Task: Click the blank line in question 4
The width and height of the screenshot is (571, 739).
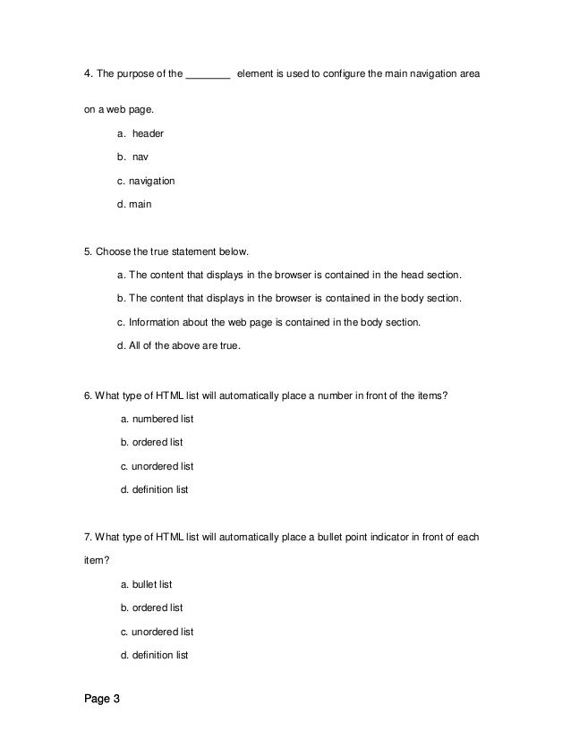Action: tap(208, 77)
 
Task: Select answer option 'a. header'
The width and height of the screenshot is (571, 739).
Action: tap(141, 133)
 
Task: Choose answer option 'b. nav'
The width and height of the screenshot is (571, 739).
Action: tap(133, 157)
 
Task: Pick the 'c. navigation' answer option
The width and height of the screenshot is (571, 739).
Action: tap(146, 181)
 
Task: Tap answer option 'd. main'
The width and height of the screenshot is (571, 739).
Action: tap(134, 204)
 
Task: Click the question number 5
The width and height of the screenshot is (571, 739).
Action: tap(86, 251)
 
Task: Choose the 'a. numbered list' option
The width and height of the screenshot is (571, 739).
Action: tap(156, 419)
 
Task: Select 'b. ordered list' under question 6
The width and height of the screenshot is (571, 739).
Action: tap(151, 442)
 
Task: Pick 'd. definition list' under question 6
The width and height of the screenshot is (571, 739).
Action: tap(154, 489)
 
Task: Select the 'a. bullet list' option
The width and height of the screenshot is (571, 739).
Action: tap(146, 584)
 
